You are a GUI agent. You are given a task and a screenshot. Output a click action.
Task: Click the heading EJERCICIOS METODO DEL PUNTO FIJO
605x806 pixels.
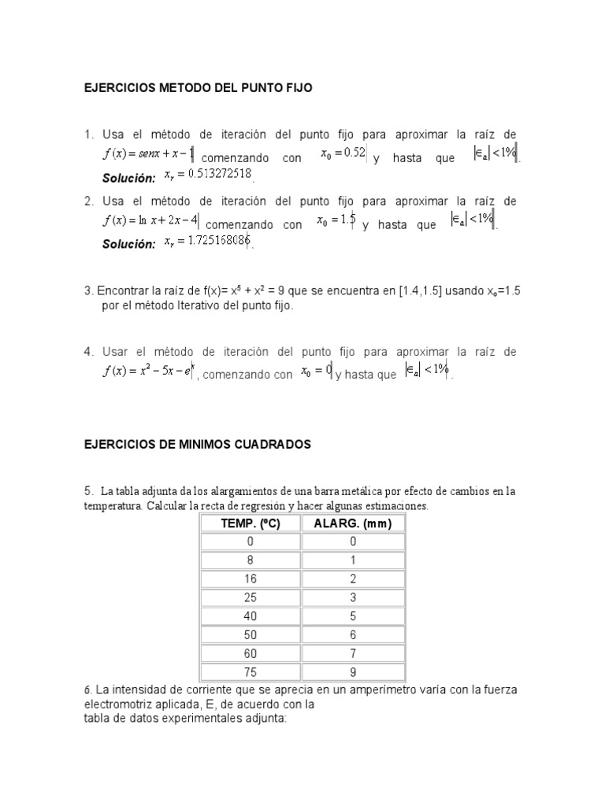point(198,89)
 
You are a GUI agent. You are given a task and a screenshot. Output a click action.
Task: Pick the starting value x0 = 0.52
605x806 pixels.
point(343,153)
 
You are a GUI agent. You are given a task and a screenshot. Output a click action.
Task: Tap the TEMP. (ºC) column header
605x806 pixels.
point(251,523)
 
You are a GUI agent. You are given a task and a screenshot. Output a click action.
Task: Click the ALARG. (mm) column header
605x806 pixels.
point(352,523)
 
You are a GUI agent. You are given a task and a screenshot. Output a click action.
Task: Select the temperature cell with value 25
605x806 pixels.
point(251,597)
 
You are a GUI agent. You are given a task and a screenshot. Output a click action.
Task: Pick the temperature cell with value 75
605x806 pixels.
point(251,673)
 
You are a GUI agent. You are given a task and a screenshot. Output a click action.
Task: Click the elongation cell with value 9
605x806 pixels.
point(353,673)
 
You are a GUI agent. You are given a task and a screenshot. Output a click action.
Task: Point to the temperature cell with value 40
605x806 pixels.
point(251,616)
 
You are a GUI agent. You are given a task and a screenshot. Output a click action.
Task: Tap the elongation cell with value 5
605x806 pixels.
point(353,616)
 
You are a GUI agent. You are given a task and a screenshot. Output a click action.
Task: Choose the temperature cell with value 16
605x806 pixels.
point(251,579)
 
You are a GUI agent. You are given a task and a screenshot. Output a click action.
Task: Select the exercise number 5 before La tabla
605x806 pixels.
point(87,491)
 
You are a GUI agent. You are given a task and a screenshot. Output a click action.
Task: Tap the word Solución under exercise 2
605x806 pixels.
point(128,245)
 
